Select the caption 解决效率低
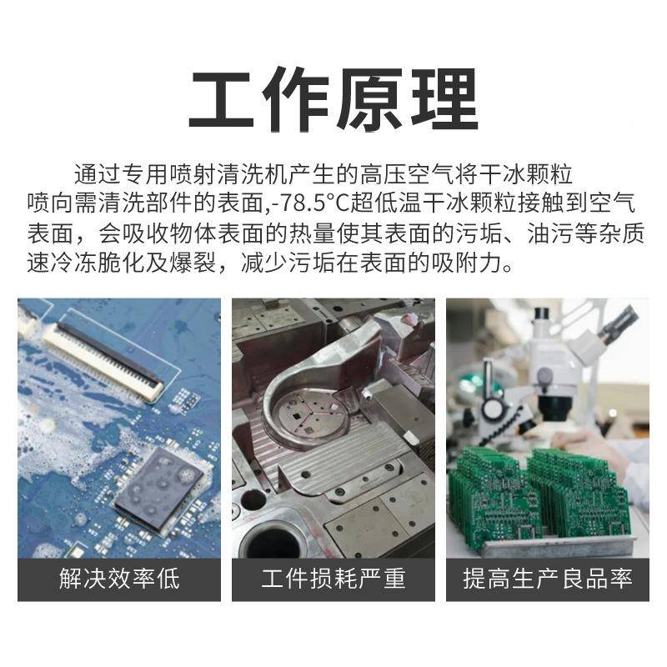[119, 579]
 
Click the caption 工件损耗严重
[333, 579]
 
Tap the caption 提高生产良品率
[548, 579]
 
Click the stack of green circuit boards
[542, 496]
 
